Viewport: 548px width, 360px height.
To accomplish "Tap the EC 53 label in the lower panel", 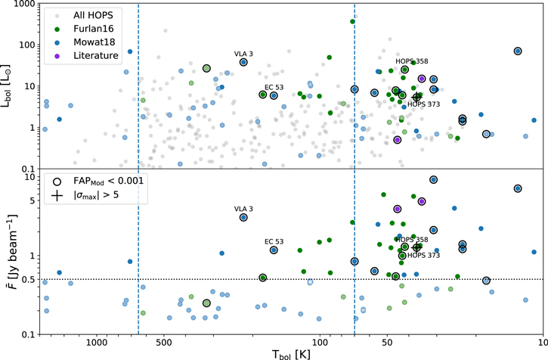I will click(x=274, y=241).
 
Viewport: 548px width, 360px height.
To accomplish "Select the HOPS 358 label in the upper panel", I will click(x=412, y=61).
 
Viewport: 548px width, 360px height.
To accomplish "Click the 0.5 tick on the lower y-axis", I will click(x=31, y=280).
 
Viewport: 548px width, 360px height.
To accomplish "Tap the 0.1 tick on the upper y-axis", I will click(x=31, y=169).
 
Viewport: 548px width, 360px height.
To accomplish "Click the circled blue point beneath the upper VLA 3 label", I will click(x=243, y=62).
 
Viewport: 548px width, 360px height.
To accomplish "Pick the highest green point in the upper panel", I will click(x=353, y=21).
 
